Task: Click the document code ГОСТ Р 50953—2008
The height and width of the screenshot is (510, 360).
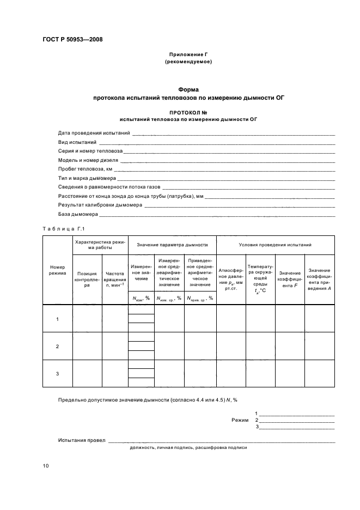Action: (x=72, y=40)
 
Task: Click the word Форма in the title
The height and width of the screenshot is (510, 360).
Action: (x=188, y=89)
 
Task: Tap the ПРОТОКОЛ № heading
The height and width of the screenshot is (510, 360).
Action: (x=188, y=111)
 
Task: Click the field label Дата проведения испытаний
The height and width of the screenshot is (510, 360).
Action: (x=94, y=133)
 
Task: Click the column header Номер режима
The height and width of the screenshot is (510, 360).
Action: (x=58, y=270)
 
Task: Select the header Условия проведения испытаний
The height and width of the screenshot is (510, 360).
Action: (x=275, y=245)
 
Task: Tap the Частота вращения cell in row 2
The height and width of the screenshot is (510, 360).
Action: (x=115, y=346)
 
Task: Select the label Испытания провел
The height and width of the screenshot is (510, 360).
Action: (x=82, y=440)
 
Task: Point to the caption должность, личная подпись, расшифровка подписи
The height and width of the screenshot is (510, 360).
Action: (x=188, y=447)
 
